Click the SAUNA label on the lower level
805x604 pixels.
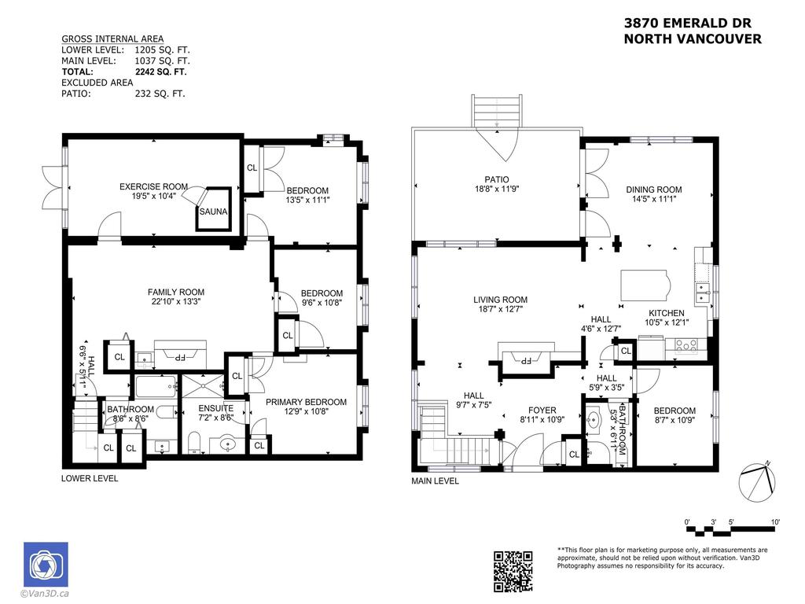(x=213, y=212)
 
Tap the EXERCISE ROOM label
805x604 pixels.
(x=153, y=186)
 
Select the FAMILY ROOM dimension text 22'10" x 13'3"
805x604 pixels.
(x=176, y=301)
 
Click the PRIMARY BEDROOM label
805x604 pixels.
(x=306, y=402)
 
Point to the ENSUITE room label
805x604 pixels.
(x=215, y=408)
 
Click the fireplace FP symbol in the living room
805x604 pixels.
(x=521, y=359)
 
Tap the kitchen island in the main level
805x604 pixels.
(x=644, y=282)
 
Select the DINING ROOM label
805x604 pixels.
(x=653, y=190)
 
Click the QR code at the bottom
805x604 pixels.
(x=513, y=571)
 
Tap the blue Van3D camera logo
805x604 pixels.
(x=46, y=564)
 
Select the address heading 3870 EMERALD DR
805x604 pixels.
(x=692, y=25)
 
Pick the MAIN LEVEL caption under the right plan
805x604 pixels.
(x=435, y=481)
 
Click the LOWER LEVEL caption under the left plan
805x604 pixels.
(x=90, y=477)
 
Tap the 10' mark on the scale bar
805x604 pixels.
(x=774, y=521)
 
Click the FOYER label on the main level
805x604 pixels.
(x=542, y=410)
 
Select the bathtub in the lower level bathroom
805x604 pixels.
(x=156, y=385)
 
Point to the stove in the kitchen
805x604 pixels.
(x=684, y=343)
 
